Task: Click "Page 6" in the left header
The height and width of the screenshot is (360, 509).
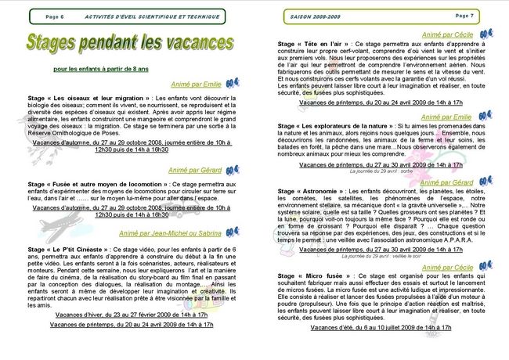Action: click(x=55, y=16)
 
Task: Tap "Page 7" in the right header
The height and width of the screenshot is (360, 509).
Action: click(x=464, y=16)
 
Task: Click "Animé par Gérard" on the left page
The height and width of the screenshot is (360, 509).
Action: click(x=194, y=169)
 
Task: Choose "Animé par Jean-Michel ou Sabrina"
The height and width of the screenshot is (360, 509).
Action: click(x=170, y=232)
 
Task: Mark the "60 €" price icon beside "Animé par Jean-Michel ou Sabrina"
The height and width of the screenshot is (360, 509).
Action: click(x=233, y=232)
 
